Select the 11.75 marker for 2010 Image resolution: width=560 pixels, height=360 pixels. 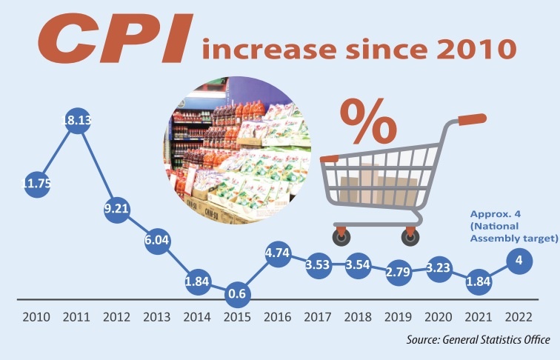point(36,185)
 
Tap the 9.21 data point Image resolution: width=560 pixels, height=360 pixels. point(117,209)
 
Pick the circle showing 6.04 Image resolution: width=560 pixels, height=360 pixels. point(158,241)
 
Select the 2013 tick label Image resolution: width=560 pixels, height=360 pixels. point(157,317)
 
